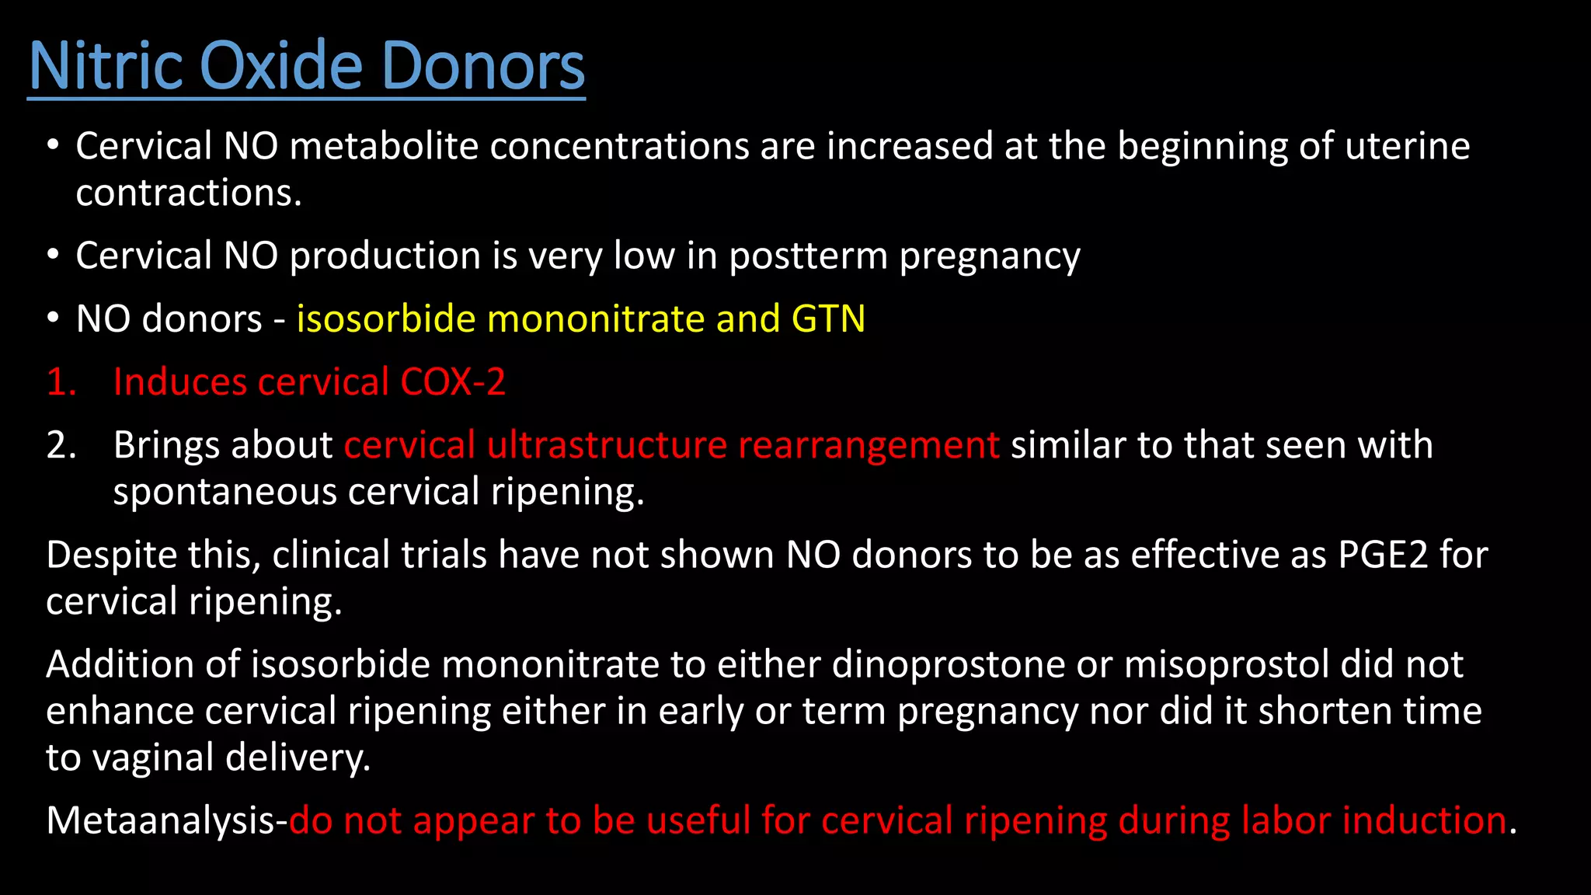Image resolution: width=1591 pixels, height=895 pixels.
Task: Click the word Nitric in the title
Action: pyautogui.click(x=105, y=66)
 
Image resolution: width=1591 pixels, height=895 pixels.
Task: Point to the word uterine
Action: pyautogui.click(x=1407, y=146)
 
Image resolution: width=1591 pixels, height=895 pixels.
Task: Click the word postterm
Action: pyautogui.click(x=808, y=256)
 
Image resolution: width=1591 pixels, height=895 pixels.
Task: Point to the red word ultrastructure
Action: pyautogui.click(x=607, y=445)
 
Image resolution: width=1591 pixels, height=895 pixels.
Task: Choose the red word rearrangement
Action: pyautogui.click(x=869, y=445)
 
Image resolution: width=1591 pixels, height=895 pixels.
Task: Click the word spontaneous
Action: pyautogui.click(x=225, y=493)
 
